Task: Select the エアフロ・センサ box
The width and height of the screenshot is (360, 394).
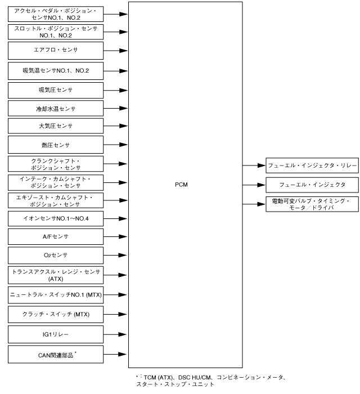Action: (56, 51)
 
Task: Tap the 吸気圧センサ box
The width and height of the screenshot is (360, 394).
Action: (56, 89)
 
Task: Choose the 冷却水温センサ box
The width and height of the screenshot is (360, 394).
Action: (56, 108)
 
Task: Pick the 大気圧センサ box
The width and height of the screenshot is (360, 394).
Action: (56, 126)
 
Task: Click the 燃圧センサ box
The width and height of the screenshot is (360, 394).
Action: (56, 144)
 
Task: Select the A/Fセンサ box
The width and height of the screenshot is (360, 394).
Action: (56, 237)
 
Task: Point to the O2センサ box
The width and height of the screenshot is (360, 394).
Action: (56, 256)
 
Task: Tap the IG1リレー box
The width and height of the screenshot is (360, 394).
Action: (56, 334)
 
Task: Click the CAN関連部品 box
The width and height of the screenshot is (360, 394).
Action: (56, 354)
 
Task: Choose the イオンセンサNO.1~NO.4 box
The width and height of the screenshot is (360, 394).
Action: (56, 218)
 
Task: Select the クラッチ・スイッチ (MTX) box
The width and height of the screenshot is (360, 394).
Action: (56, 314)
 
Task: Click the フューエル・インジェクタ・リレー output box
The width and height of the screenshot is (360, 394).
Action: (312, 165)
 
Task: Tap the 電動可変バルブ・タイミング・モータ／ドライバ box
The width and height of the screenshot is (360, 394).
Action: (312, 204)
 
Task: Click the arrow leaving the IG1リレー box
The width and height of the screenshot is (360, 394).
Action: (116, 334)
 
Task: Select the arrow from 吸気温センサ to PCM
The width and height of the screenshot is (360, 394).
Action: (116, 71)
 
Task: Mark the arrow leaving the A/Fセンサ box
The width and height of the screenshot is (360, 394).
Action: (116, 237)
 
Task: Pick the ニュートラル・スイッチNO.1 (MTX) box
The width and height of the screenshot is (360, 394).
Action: (56, 294)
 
